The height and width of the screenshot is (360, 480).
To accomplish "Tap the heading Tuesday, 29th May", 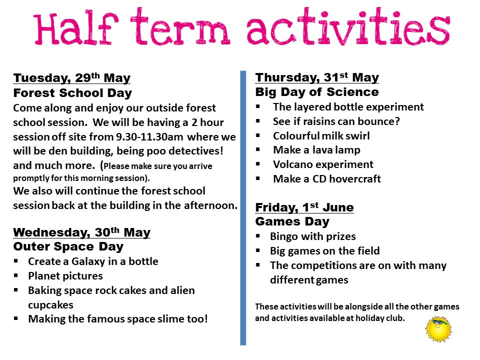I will coord(71,78).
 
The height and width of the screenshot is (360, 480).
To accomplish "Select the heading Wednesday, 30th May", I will coord(81,232).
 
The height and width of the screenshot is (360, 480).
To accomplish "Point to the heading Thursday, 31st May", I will coord(317,77).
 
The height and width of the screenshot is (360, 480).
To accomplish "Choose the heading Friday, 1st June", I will coord(304,207).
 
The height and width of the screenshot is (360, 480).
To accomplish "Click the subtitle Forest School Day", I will coord(72,93).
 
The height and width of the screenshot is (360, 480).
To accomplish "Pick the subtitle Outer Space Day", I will coord(68,247).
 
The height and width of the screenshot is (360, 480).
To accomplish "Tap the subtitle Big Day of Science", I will coord(317,92).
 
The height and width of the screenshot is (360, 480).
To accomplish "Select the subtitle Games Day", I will coord(292,221).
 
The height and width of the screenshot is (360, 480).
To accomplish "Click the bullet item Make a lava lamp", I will coord(316,150).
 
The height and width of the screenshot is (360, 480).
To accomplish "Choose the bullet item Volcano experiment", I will coord(323,164).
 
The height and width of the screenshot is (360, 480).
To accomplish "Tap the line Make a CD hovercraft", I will coord(327,178).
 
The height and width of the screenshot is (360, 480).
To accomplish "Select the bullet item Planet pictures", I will coord(65,275).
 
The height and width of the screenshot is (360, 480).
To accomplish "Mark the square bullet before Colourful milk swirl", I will coord(258,136).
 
